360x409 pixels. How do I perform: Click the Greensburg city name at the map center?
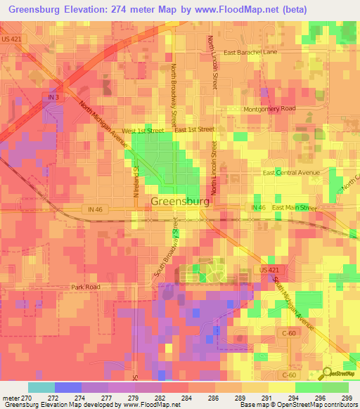pos(179,202)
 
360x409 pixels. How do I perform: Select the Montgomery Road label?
pos(269,110)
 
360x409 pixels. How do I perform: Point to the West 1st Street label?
pos(143,131)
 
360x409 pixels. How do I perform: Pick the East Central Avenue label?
pos(291,173)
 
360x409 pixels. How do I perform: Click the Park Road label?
pos(85,287)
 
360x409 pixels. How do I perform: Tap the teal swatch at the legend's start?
pos(41,387)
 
